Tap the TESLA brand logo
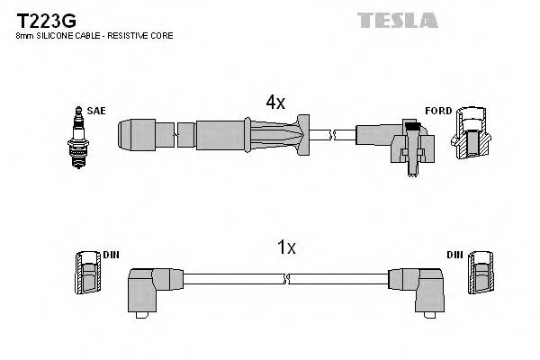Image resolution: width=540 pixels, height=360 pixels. click(x=397, y=20)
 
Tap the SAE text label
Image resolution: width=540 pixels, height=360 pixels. click(x=96, y=111)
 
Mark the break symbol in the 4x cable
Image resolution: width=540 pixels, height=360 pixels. click(x=331, y=135)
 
